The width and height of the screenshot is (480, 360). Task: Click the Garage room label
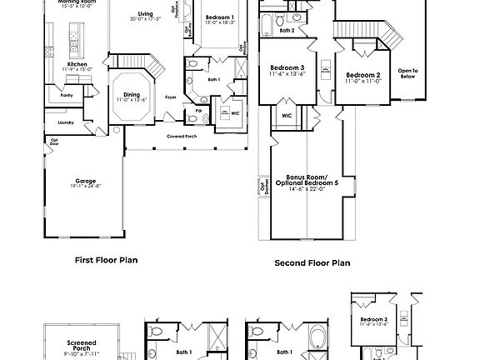click(85, 181)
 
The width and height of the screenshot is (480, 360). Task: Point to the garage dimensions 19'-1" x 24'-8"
click(85, 187)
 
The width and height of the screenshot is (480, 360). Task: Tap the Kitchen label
click(77, 63)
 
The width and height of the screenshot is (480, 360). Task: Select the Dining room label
click(132, 94)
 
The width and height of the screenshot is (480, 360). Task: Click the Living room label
click(146, 14)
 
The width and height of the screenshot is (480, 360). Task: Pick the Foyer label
click(170, 97)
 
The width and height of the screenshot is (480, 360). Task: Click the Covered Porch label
click(181, 136)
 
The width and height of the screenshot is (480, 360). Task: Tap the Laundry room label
click(66, 122)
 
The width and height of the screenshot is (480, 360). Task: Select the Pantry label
click(66, 96)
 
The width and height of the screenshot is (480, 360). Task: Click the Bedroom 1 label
click(220, 17)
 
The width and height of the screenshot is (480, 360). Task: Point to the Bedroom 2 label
click(362, 74)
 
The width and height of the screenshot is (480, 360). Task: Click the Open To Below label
click(407, 72)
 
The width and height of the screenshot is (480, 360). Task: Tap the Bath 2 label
click(287, 30)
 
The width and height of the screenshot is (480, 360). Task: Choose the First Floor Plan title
click(106, 259)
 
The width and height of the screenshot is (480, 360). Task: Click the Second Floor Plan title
click(312, 262)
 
